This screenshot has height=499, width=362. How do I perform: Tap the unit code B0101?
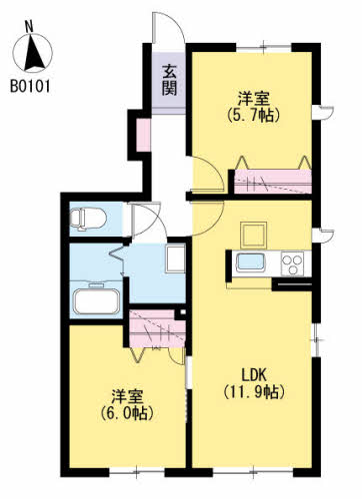30,86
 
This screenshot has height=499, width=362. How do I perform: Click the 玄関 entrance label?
169,80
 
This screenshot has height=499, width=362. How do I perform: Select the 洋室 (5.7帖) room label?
253,107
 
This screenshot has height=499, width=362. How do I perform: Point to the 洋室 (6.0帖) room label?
127,404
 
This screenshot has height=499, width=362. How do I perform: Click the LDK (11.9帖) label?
254,383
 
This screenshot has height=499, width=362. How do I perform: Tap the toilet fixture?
88,219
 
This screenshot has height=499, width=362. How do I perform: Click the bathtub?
97,301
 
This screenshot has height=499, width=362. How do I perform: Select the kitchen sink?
250,262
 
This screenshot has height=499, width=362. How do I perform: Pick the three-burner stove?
292,263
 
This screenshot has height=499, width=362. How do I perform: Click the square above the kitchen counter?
254,235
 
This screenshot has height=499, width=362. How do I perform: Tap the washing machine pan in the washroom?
175,258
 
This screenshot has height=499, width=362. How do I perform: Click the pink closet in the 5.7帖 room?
273,182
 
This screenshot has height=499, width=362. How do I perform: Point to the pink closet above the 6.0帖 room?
157,328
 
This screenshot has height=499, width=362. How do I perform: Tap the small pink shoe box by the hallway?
144,135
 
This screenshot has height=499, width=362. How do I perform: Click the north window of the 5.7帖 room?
264,48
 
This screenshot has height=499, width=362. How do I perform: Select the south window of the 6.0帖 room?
137,471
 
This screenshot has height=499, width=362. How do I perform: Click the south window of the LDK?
253,471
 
